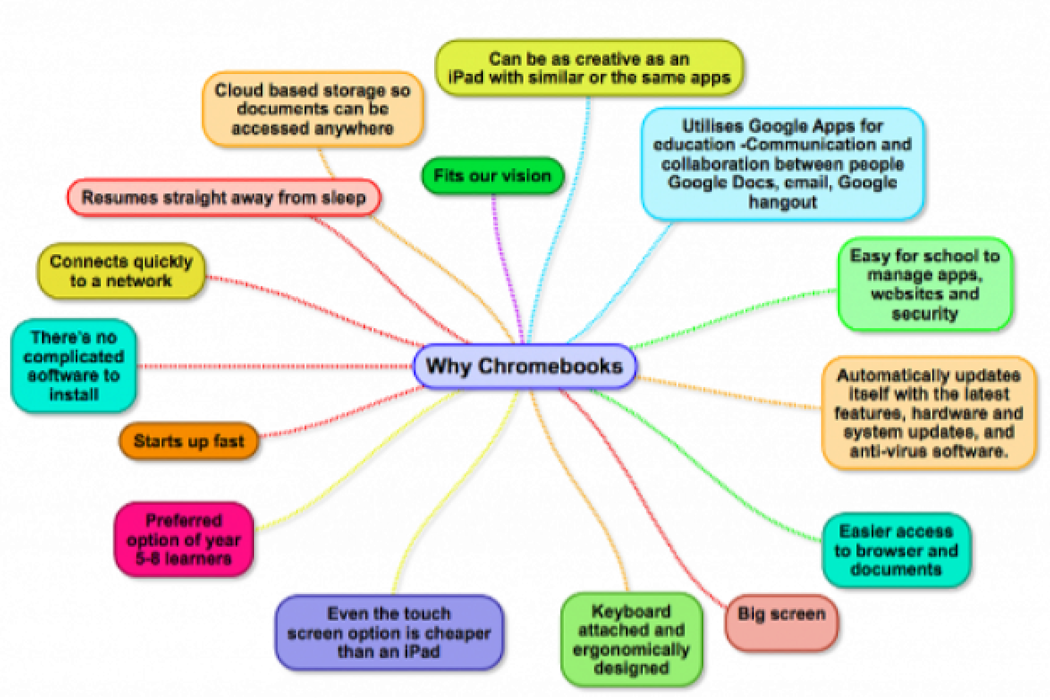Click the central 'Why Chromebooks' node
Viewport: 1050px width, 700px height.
pyautogui.click(x=524, y=366)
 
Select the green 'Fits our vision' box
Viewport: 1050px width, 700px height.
pyautogui.click(x=492, y=175)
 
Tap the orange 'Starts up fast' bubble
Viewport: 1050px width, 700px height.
pyautogui.click(x=189, y=441)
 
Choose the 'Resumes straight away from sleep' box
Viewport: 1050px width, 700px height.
pyautogui.click(x=224, y=197)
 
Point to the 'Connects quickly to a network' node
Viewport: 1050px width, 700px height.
pyautogui.click(x=121, y=271)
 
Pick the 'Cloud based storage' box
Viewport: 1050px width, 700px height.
pyautogui.click(x=312, y=109)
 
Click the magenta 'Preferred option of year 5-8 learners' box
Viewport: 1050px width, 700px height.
pyautogui.click(x=184, y=539)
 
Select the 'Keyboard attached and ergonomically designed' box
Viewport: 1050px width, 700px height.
pyautogui.click(x=631, y=640)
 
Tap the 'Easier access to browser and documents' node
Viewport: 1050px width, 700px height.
pyautogui.click(x=896, y=550)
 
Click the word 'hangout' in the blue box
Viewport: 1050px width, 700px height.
pyautogui.click(x=782, y=202)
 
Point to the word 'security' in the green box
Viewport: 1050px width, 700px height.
pyautogui.click(x=925, y=314)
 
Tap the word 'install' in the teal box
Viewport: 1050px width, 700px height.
pyautogui.click(x=74, y=394)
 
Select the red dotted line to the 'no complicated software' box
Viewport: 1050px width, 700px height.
pyautogui.click(x=273, y=366)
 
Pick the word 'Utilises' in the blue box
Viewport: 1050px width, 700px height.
pyautogui.click(x=712, y=126)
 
